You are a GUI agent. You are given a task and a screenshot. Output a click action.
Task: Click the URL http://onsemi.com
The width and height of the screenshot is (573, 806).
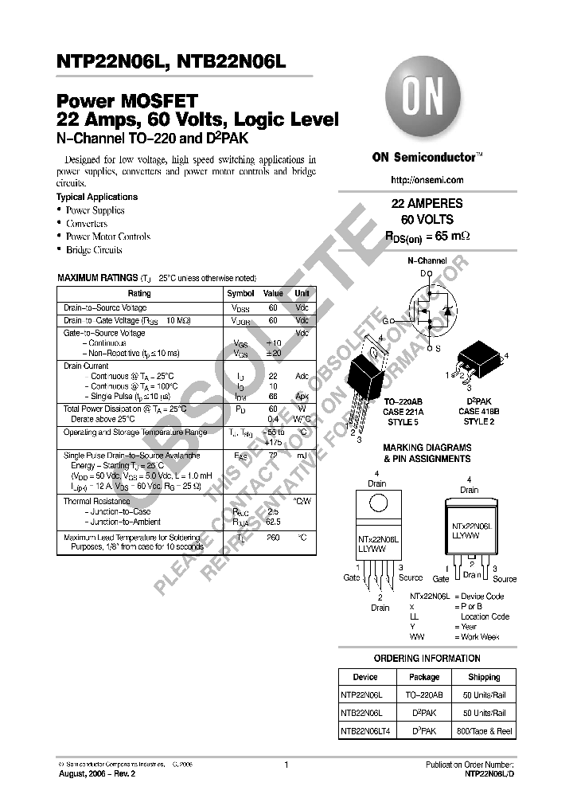(427, 180)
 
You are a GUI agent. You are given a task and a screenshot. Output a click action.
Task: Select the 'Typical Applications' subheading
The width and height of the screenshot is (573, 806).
(97, 197)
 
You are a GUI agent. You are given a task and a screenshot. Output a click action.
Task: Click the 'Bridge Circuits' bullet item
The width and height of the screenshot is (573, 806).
(93, 249)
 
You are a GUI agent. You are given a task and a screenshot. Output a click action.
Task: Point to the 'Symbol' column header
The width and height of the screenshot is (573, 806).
(240, 293)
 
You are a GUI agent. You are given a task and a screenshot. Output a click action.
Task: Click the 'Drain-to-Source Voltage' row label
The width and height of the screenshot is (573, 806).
(105, 307)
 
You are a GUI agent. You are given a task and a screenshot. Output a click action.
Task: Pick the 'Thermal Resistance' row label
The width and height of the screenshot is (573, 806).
(95, 501)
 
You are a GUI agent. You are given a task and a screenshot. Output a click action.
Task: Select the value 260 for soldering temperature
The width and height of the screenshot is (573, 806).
(273, 538)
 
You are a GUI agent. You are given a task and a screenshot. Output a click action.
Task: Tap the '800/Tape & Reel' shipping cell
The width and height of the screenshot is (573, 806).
(484, 730)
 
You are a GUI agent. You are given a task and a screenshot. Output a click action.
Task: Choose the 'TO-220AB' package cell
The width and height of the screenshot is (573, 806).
(423, 694)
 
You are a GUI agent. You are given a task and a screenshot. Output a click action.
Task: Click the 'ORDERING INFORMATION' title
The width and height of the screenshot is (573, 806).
(427, 659)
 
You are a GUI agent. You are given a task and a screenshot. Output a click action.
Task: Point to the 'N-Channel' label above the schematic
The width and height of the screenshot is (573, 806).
(427, 260)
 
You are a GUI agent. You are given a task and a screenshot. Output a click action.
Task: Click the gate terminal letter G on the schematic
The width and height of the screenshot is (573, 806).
(385, 320)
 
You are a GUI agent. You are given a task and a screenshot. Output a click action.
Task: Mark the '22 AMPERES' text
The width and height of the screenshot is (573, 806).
(427, 204)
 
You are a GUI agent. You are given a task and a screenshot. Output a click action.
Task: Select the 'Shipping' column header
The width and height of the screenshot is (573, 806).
(484, 677)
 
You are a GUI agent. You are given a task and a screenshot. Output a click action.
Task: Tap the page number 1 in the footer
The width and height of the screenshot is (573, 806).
(285, 765)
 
